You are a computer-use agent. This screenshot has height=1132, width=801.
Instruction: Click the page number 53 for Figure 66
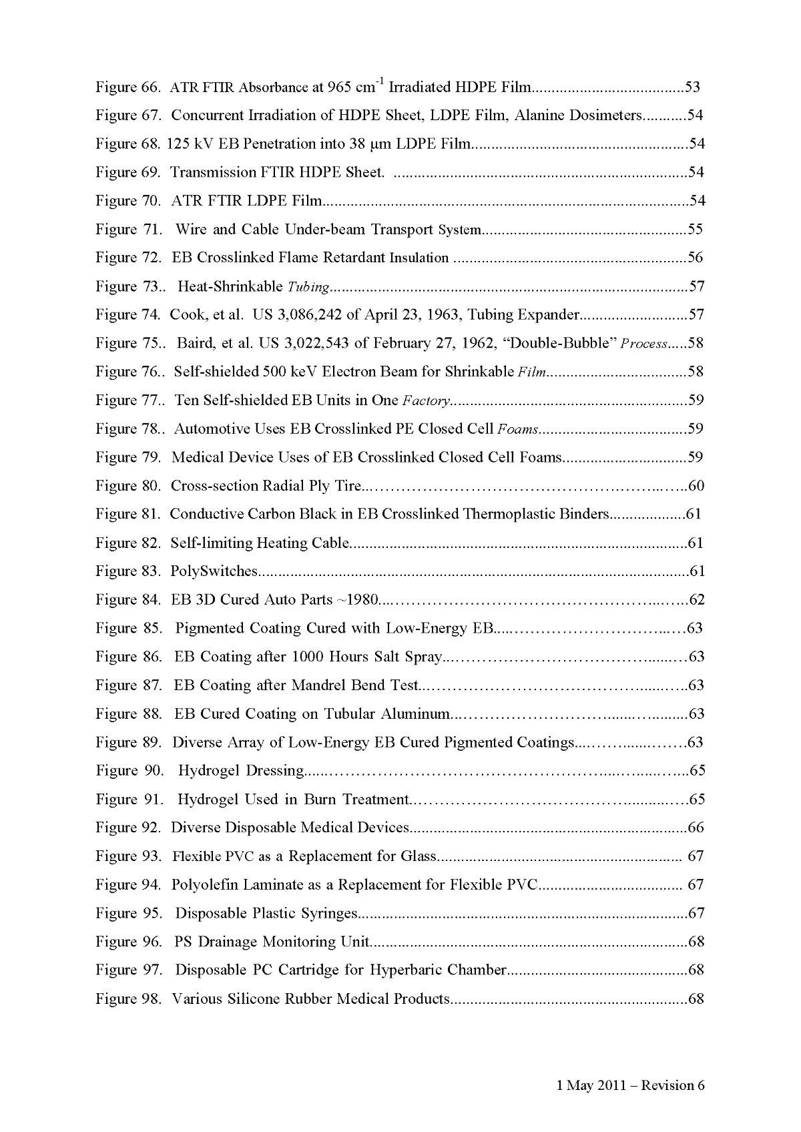692,87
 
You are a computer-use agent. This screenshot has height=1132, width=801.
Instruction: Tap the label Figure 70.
127,201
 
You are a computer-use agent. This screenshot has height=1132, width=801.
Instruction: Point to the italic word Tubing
308,287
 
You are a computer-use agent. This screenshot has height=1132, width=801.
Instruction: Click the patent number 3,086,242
308,315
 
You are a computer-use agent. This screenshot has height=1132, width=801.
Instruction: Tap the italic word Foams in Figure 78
518,429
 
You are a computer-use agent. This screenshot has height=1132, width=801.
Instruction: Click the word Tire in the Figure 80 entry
347,486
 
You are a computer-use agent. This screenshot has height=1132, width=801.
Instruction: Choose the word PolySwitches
214,571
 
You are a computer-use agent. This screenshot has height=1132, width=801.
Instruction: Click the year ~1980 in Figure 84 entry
358,600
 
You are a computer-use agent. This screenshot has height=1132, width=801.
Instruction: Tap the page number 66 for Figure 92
696,828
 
